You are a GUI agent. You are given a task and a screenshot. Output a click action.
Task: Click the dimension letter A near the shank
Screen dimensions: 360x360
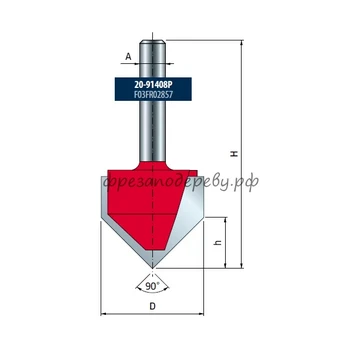(128, 57)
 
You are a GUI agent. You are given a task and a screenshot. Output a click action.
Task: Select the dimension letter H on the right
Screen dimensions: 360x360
(235, 154)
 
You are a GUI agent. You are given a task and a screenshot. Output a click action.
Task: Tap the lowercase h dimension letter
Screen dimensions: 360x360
(219, 243)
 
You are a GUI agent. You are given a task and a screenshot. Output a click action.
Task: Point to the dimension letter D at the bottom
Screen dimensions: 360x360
(152, 306)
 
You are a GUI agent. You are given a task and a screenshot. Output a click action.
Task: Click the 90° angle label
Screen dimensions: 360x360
(152, 286)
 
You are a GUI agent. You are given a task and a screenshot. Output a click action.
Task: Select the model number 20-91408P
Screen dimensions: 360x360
(153, 85)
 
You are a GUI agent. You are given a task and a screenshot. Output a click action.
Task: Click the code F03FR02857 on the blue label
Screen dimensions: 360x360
(153, 94)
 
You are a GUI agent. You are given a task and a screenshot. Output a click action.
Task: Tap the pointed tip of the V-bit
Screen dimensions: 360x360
(152, 268)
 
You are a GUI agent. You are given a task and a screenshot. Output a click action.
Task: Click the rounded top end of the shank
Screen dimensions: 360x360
(152, 41)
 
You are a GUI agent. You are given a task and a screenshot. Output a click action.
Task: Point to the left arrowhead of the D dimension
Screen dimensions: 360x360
(103, 314)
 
